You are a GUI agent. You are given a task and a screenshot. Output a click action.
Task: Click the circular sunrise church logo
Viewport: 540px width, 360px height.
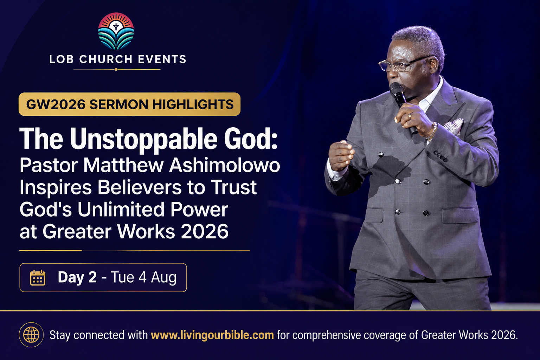[116, 31]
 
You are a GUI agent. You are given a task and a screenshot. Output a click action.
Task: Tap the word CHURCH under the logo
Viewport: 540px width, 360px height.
[106, 59]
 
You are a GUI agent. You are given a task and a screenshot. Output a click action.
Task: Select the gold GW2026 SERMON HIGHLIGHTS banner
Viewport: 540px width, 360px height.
[129, 104]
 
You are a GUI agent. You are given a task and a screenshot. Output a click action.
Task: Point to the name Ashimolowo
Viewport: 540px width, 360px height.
[224, 166]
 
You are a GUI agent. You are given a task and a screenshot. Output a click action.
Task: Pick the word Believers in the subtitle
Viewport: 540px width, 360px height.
[140, 187]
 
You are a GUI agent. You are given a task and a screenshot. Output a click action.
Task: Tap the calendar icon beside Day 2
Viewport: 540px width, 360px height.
[38, 277]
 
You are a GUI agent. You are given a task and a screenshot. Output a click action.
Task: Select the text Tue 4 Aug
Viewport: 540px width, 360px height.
[144, 277]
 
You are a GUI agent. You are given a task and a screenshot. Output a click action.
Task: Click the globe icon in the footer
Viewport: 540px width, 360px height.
[31, 335]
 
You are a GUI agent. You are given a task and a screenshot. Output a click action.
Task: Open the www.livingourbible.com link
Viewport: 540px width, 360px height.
[212, 335]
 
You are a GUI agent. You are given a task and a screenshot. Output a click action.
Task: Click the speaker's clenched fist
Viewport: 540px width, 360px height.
[341, 155]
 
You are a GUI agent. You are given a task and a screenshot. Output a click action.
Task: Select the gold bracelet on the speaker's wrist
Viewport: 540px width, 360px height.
[432, 131]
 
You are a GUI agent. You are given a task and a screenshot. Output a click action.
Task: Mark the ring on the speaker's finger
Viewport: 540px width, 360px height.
[410, 116]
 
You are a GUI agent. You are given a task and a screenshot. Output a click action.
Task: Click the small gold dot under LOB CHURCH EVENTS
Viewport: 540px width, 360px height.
[116, 70]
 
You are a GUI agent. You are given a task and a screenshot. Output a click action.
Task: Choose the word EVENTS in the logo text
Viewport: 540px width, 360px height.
[162, 59]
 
